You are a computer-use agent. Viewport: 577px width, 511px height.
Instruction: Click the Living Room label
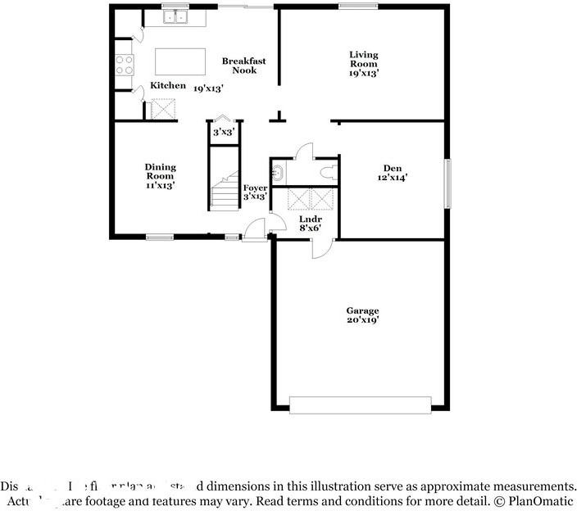pos(363,64)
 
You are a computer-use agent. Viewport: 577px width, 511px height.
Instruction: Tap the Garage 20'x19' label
pos(361,316)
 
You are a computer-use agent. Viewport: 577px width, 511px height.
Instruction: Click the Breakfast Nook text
pos(243,66)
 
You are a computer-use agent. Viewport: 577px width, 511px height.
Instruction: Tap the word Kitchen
pos(167,86)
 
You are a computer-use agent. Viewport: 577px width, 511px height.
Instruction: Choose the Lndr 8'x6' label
pos(310,223)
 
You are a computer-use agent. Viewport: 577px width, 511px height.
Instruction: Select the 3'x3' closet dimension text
pos(223,132)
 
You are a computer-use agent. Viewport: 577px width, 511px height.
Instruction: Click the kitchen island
pos(180,61)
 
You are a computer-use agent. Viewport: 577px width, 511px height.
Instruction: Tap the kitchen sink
pos(175,16)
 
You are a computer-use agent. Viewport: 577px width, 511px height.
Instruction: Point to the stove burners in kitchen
pos(125,65)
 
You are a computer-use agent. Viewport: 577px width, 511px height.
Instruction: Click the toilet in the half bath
pos(329,171)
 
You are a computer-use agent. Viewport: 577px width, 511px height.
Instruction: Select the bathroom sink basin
pos(277,172)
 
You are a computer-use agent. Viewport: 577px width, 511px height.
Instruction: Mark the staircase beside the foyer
pos(223,194)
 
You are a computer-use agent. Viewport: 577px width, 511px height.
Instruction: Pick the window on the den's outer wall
pos(448,183)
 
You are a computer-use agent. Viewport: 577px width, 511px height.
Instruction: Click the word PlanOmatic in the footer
pos(542,500)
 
